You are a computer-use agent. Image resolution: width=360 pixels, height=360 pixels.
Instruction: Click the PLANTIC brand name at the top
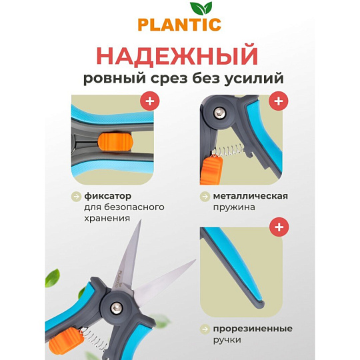[179, 25]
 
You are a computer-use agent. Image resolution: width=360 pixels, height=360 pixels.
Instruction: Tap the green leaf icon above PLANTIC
[201, 9]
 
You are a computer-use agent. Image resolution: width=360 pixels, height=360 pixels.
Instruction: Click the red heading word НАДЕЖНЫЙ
[177, 56]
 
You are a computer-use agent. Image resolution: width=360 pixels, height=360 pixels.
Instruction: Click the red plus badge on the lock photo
[150, 101]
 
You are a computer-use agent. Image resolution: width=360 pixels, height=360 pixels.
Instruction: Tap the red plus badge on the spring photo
[279, 101]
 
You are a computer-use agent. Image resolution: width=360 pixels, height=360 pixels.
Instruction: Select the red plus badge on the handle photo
[279, 227]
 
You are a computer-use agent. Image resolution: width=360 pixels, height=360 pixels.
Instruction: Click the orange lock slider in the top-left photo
[115, 143]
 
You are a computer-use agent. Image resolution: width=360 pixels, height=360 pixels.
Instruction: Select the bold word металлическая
[251, 196]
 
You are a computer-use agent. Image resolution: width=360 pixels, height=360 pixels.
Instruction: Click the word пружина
[234, 207]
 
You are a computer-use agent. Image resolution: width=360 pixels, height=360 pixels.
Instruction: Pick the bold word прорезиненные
[253, 329]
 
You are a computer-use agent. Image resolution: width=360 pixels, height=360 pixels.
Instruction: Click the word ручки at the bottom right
[227, 340]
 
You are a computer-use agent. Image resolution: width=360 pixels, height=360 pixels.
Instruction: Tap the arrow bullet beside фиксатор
[76, 197]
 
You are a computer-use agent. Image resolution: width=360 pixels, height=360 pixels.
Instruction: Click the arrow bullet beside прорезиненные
[205, 329]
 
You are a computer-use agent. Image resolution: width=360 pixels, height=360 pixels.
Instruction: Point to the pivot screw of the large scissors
[117, 307]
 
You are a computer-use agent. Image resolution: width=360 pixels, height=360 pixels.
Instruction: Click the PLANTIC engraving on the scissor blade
[120, 279]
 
